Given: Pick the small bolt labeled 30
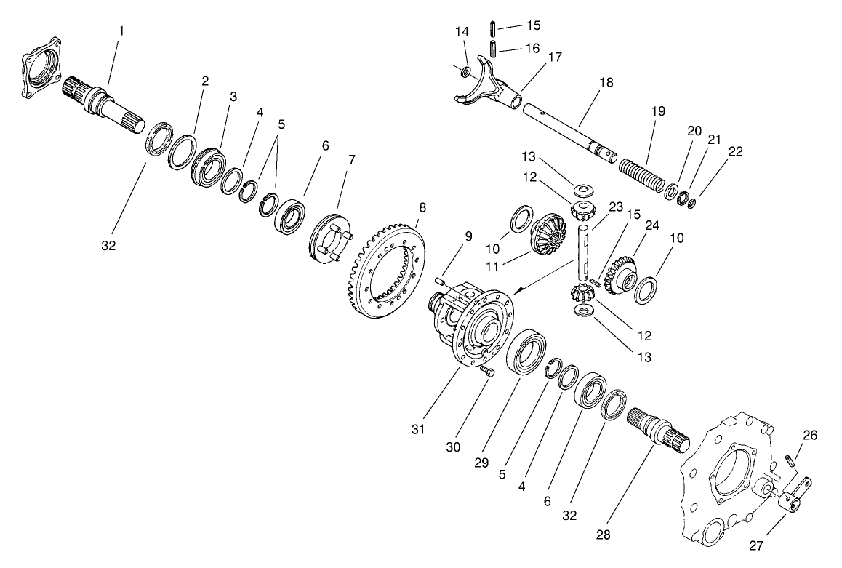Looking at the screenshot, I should point(486,372).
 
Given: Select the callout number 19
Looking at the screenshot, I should point(658,111).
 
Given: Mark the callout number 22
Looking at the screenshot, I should point(735,151).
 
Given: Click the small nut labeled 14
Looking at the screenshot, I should point(462,71).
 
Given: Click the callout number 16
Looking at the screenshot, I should point(533,48).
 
